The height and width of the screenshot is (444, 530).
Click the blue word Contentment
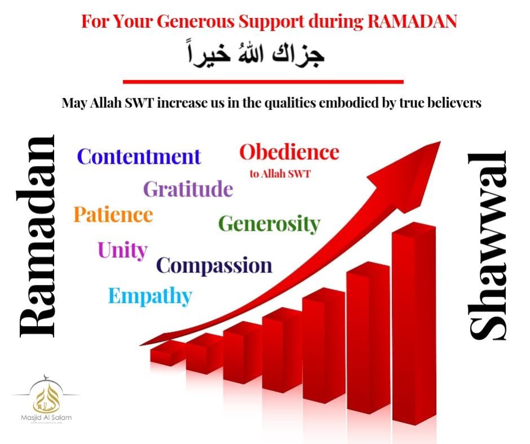(x=139, y=156)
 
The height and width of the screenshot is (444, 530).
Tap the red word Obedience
(x=290, y=152)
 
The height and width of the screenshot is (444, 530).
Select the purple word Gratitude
(x=189, y=188)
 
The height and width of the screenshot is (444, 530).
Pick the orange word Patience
(x=113, y=214)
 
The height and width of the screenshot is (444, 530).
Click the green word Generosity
(x=269, y=223)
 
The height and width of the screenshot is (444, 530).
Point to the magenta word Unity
(x=122, y=250)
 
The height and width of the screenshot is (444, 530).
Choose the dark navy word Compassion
(x=214, y=266)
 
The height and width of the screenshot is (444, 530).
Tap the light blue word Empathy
(x=150, y=296)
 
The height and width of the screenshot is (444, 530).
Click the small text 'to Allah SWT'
(x=280, y=174)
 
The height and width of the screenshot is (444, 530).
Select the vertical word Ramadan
(x=37, y=236)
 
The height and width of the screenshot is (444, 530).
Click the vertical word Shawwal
(x=488, y=245)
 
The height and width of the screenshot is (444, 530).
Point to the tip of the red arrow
(x=441, y=142)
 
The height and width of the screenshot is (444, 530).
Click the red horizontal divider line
(x=264, y=81)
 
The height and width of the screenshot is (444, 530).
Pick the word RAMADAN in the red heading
(x=412, y=21)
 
